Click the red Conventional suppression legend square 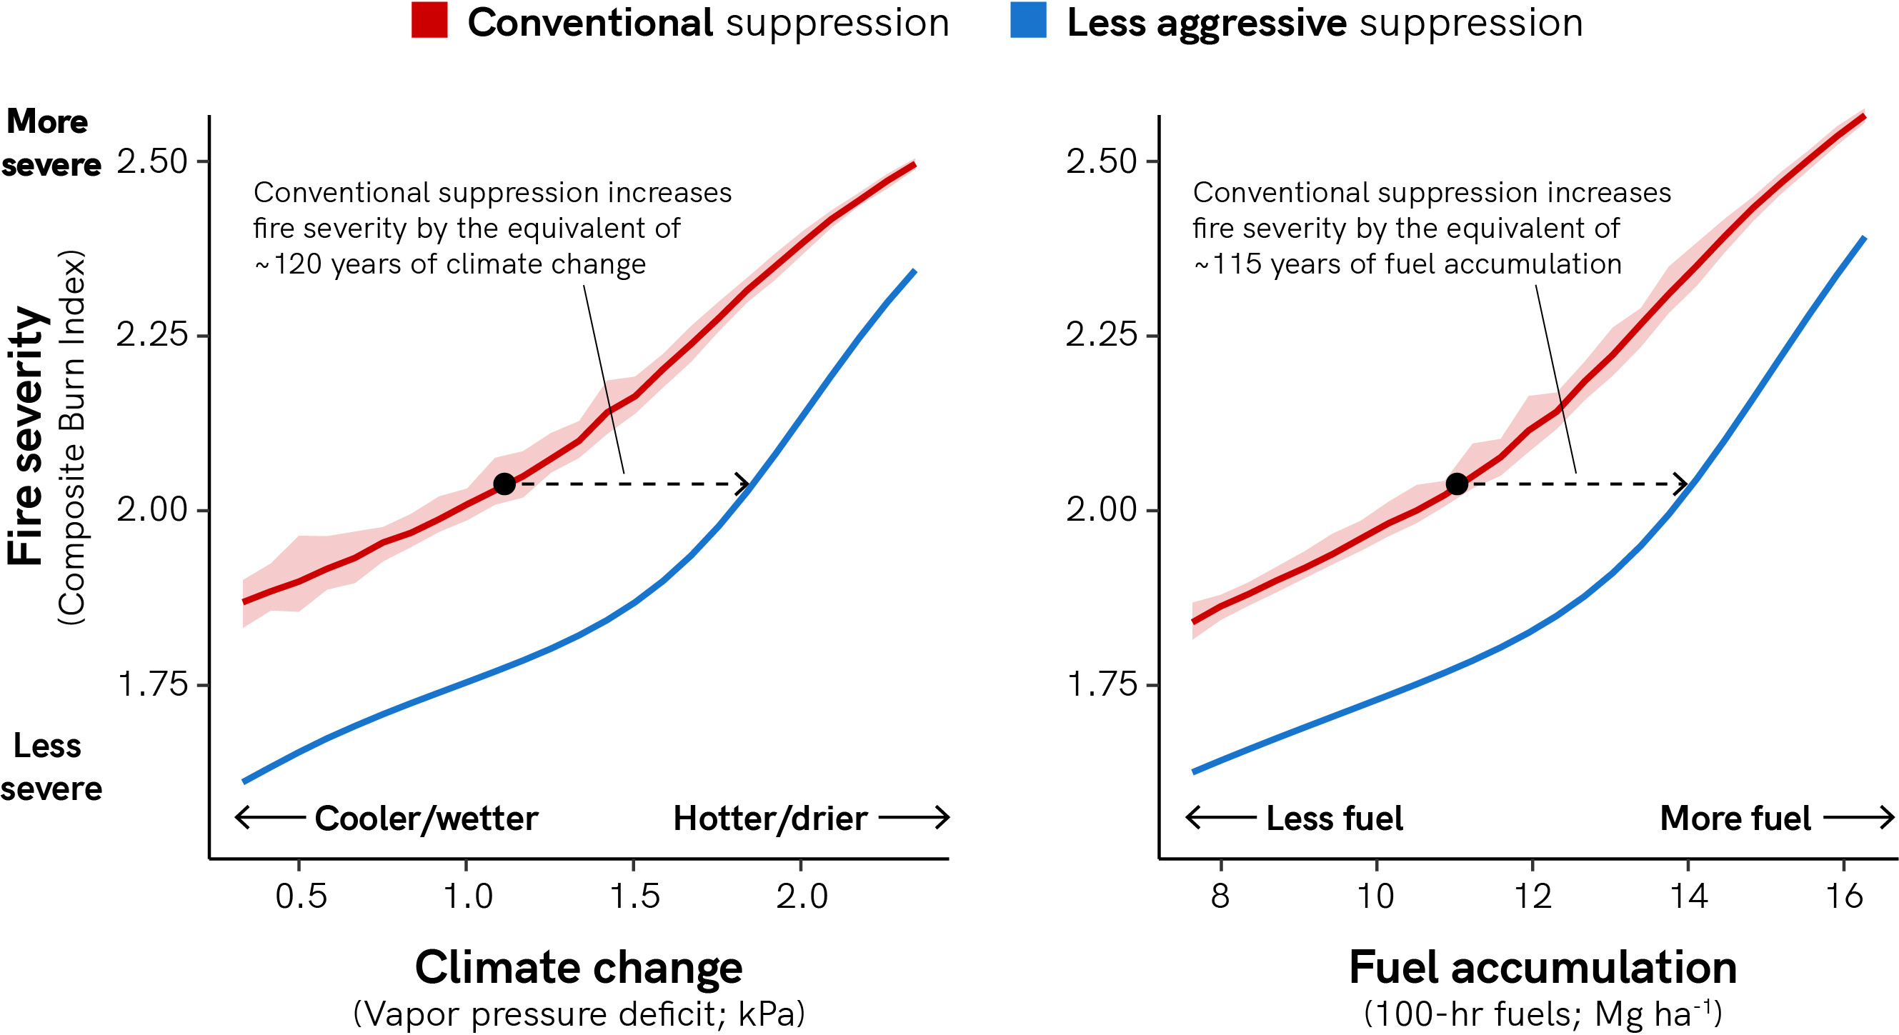(429, 21)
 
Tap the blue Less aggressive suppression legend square (1027, 21)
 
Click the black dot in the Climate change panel (504, 484)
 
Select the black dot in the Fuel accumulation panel (1457, 484)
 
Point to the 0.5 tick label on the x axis (301, 896)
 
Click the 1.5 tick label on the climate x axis (634, 896)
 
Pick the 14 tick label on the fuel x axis (1688, 896)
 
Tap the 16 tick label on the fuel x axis (1844, 896)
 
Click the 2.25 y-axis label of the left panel (153, 335)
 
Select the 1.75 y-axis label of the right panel (1102, 685)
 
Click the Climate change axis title (579, 967)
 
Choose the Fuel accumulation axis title (1542, 967)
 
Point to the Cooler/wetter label (426, 819)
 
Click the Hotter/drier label (770, 819)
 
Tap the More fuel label (1735, 819)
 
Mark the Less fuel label (1335, 819)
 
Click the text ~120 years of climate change (449, 264)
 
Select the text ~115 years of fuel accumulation (1407, 264)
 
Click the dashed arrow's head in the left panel (744, 484)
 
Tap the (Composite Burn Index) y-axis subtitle (72, 438)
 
